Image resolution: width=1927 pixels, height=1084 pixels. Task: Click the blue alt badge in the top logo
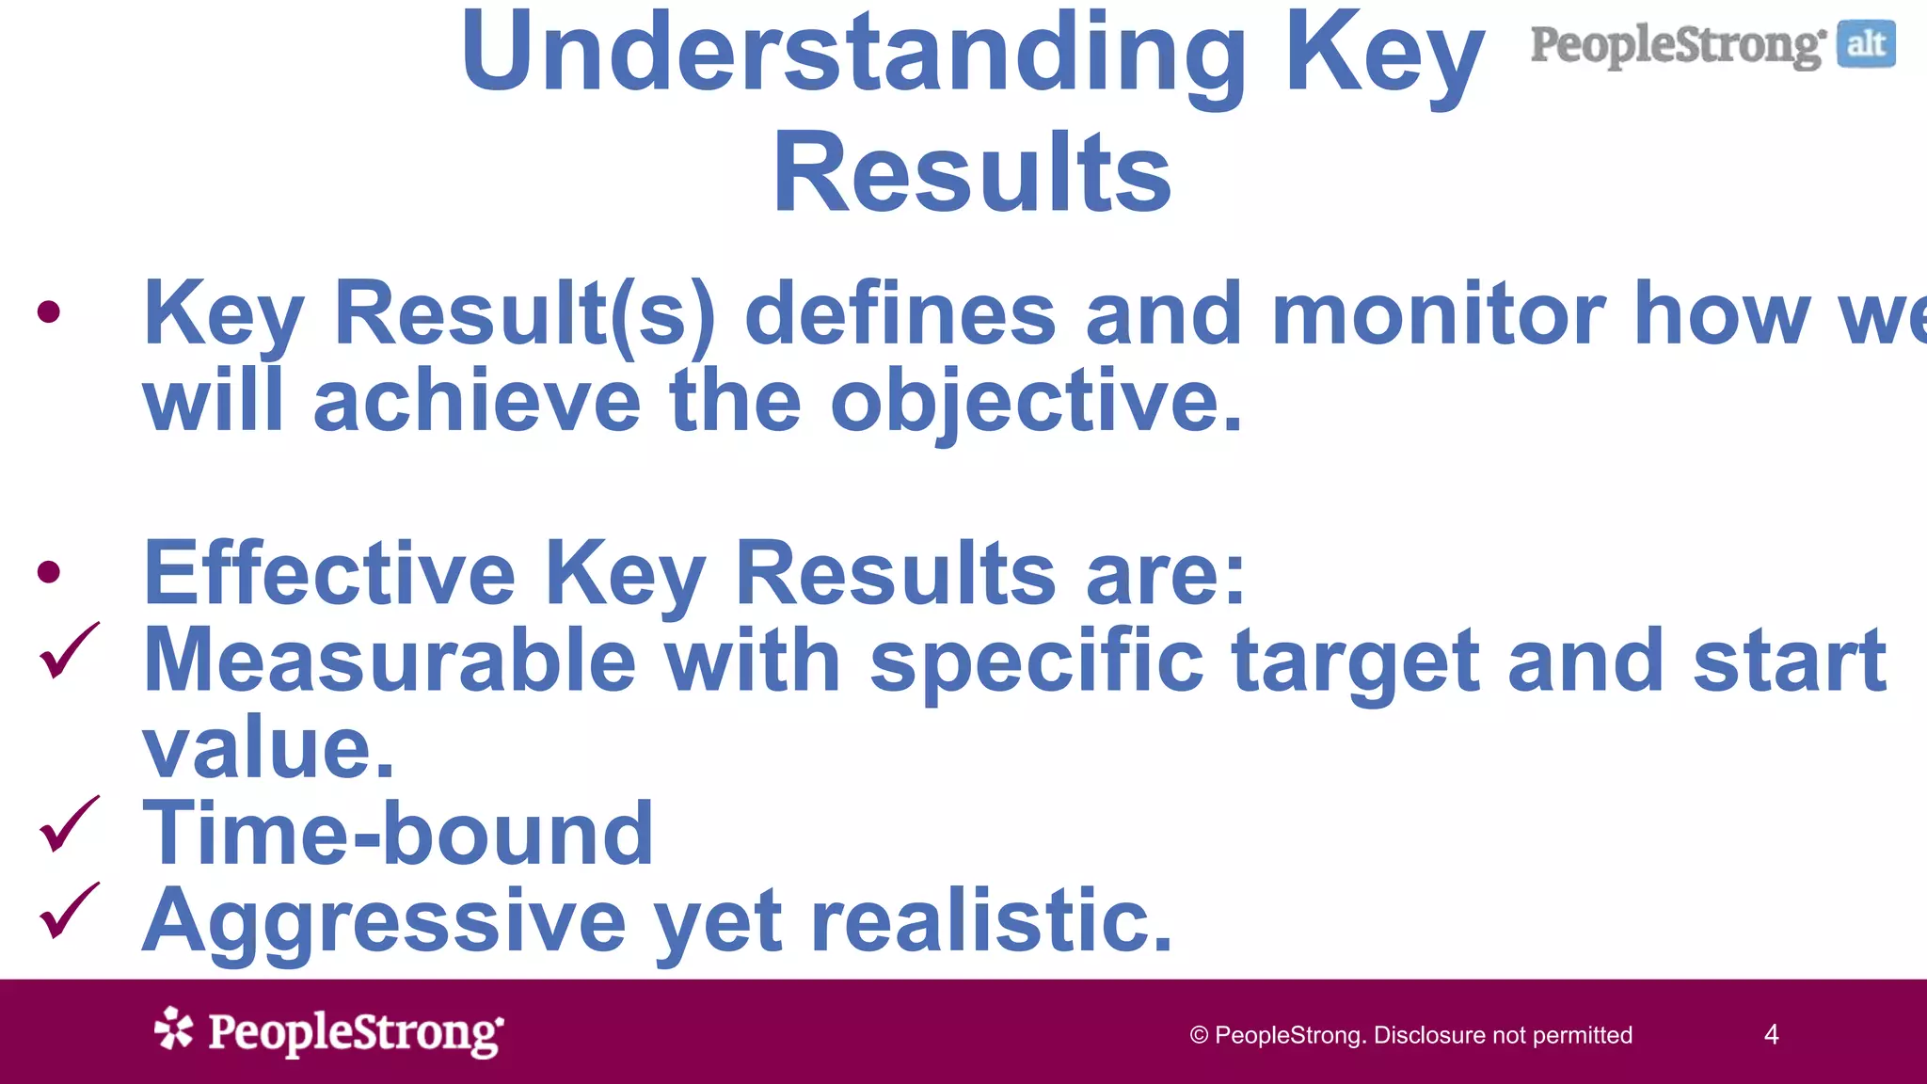(x=1866, y=44)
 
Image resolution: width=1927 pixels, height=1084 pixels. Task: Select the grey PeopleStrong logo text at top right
(x=1677, y=44)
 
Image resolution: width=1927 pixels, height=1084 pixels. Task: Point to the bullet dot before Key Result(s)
(x=49, y=312)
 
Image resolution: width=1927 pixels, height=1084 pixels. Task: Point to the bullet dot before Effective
(x=49, y=571)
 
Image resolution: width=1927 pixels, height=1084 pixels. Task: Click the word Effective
(x=329, y=573)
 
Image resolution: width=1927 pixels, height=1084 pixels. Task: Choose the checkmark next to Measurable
(x=68, y=651)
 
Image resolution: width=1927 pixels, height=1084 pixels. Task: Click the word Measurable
(x=390, y=661)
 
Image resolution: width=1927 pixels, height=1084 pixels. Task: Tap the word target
(x=1356, y=662)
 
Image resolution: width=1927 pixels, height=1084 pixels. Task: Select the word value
(x=267, y=749)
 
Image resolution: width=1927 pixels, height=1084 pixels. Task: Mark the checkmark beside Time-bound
(x=68, y=824)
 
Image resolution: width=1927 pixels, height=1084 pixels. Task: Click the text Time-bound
(x=398, y=834)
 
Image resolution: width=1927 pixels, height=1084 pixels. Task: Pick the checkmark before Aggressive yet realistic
(x=68, y=911)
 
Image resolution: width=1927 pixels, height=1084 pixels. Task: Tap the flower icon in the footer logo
(x=173, y=1028)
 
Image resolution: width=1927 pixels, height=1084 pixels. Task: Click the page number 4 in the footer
(x=1771, y=1035)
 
